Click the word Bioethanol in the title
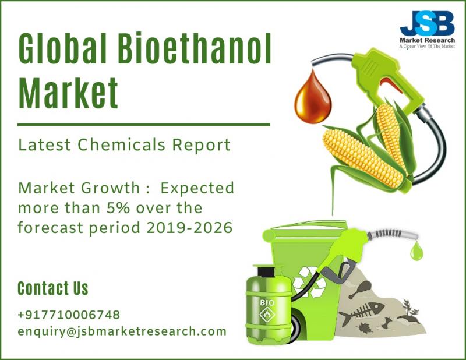(195, 48)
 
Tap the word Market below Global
(68, 93)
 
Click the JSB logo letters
(427, 23)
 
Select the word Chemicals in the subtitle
(121, 145)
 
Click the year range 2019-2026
(189, 228)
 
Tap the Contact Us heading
(53, 288)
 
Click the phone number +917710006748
(69, 315)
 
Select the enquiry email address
(122, 331)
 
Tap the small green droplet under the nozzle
(416, 251)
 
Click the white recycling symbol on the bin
(309, 282)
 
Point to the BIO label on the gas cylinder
(267, 303)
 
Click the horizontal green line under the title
(144, 125)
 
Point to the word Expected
(197, 189)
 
